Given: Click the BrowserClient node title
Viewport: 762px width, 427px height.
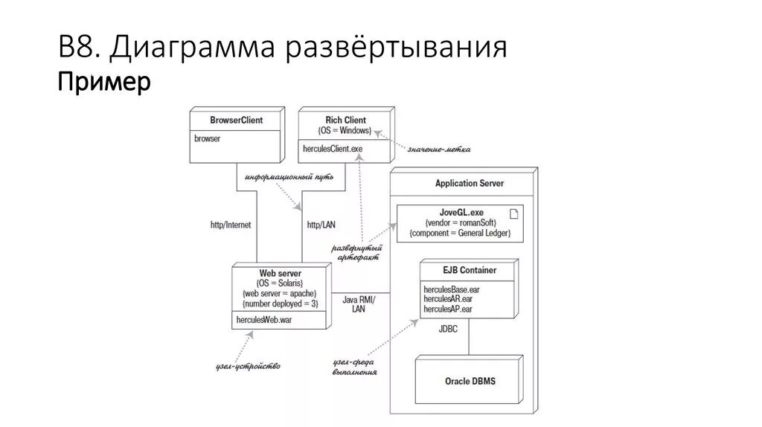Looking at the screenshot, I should coord(236,120).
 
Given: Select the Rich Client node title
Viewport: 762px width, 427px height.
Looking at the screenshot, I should coord(345,120).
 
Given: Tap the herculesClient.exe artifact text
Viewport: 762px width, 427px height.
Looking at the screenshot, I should coord(333,150).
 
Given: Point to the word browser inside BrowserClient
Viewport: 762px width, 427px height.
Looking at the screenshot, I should coord(208,138).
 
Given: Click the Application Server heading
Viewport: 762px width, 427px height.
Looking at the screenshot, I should coord(469,183).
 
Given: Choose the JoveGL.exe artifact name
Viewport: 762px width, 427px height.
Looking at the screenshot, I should coord(457,212).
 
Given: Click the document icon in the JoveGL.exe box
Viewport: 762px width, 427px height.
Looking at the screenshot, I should coord(513,213).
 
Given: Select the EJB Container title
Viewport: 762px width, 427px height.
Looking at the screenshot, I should coord(469,270).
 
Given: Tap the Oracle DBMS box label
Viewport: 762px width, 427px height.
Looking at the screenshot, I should coord(470,381).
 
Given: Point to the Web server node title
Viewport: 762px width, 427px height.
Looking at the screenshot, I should coord(280,273).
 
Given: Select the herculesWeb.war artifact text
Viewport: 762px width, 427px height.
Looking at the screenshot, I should coord(264,320).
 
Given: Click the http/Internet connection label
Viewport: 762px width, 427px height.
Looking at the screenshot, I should coord(231,224).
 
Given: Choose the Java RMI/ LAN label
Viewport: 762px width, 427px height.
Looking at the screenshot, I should coord(359,304).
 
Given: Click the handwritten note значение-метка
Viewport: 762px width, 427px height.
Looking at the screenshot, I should coord(438,150).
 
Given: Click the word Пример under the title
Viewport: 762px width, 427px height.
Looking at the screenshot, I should coord(104,82).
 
